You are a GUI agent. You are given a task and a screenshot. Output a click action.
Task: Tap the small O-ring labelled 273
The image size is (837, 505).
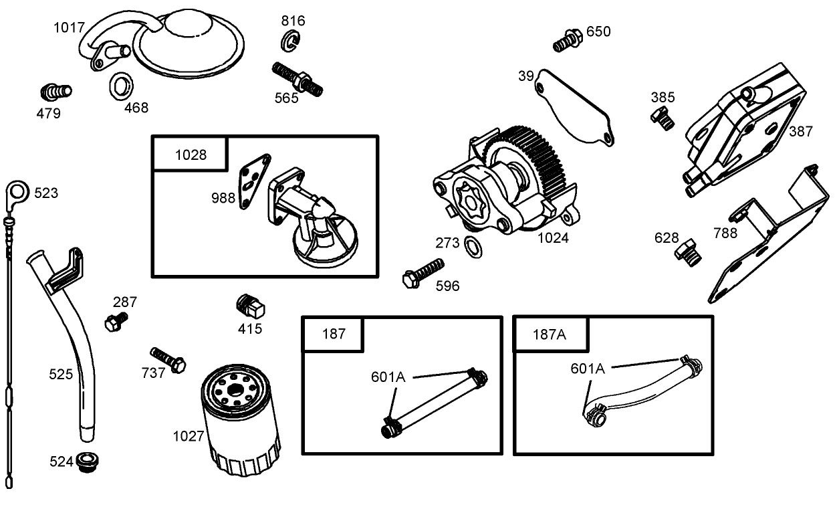(471, 245)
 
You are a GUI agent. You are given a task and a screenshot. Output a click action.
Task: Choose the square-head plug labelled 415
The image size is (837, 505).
(251, 306)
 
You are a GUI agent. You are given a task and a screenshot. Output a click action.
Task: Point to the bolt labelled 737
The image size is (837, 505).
(168, 359)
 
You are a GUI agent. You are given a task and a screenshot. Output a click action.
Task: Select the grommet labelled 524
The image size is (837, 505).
(86, 461)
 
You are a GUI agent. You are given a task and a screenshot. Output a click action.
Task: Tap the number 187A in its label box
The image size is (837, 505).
(550, 334)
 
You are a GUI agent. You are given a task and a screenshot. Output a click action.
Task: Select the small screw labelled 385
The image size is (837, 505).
(663, 118)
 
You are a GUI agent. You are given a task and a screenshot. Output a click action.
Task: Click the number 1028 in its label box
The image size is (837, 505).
(191, 155)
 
